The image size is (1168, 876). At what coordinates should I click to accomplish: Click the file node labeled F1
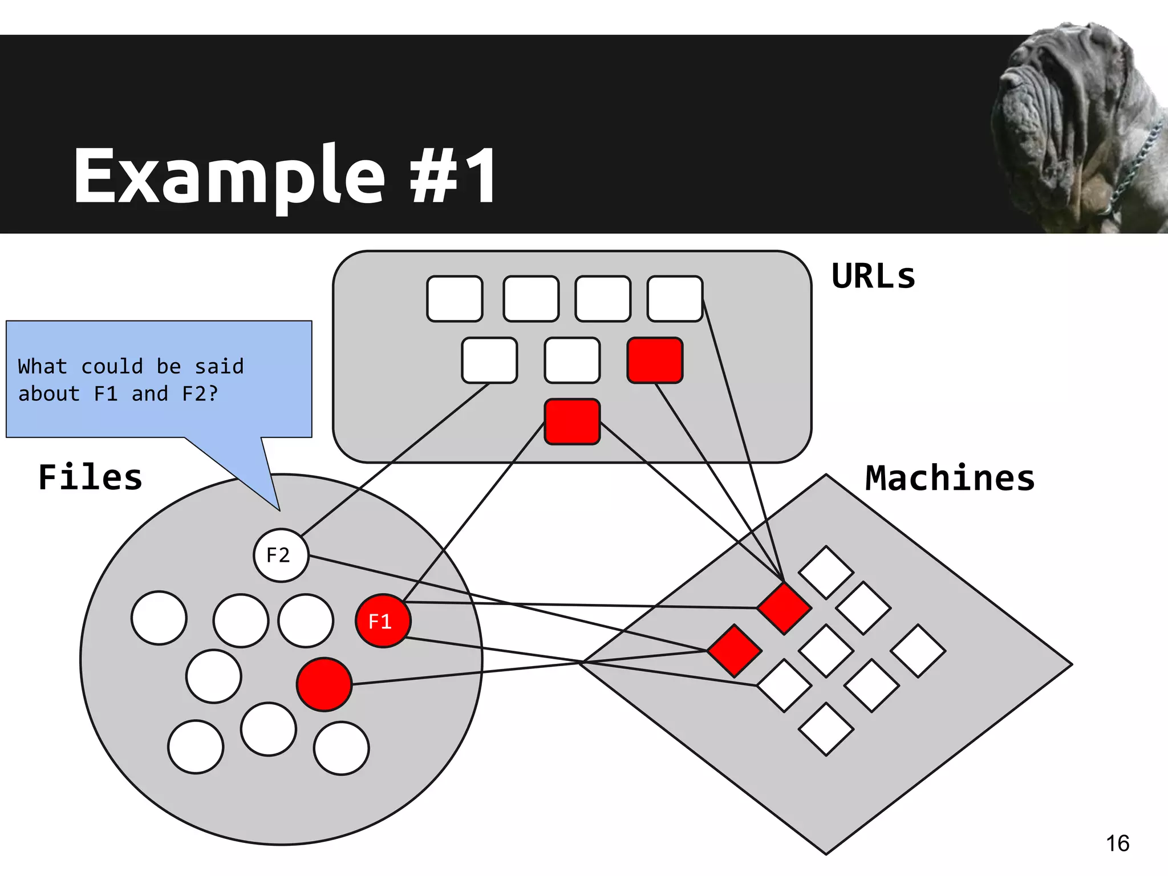[382, 620]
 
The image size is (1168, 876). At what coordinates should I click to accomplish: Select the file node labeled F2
[281, 555]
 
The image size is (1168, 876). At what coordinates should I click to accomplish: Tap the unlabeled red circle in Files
[324, 684]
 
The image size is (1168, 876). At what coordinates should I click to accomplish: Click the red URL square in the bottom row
[572, 421]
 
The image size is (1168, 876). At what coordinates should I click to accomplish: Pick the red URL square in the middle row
[655, 360]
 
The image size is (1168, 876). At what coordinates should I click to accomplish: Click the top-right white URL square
[675, 299]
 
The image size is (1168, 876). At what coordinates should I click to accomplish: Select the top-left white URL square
[455, 299]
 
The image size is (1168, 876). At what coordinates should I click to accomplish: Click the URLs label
[873, 277]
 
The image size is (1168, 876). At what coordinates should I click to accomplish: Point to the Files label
[90, 477]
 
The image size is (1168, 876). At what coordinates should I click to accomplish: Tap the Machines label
[950, 478]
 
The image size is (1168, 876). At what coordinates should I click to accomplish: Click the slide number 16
[1117, 843]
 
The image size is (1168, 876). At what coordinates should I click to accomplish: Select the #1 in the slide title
[453, 175]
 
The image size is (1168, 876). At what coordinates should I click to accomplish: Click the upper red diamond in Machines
[784, 608]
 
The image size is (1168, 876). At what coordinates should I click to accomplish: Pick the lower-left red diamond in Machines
[735, 651]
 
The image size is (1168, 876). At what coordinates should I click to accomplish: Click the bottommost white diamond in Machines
[826, 729]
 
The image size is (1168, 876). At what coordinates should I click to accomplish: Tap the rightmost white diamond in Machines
[918, 651]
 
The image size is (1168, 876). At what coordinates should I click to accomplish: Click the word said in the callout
[219, 366]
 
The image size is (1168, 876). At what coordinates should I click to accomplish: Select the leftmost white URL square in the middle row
[489, 360]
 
